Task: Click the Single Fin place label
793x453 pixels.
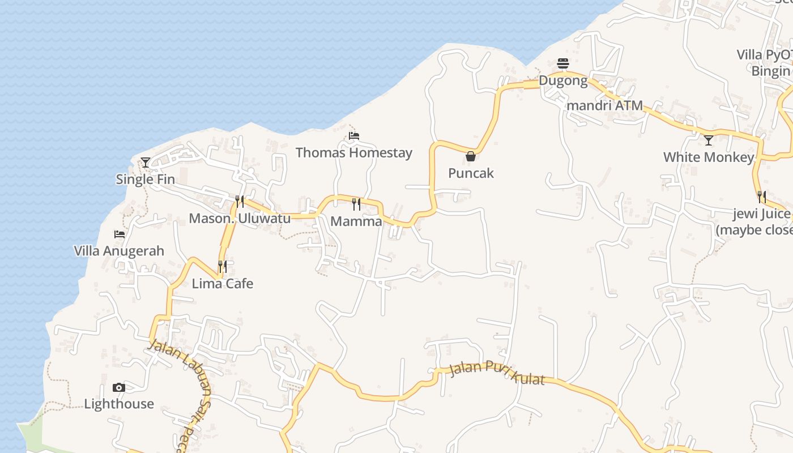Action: click(x=145, y=180)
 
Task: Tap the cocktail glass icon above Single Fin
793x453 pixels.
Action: click(x=146, y=163)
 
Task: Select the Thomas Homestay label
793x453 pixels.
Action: click(x=354, y=153)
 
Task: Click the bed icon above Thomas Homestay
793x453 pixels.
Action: click(x=354, y=136)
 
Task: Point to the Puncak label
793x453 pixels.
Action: click(x=471, y=173)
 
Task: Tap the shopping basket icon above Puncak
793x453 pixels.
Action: click(x=471, y=156)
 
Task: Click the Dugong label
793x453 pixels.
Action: click(x=563, y=80)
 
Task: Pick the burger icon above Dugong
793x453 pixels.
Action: click(x=563, y=63)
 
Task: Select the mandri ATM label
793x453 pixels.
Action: click(x=605, y=105)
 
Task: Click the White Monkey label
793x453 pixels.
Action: click(x=709, y=157)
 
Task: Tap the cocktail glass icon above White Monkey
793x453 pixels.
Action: click(x=709, y=140)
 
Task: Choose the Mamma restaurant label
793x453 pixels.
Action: click(x=356, y=221)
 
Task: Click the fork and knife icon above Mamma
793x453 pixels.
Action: click(x=356, y=204)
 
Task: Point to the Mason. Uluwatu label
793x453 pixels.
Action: click(x=240, y=219)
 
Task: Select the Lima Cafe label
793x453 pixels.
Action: click(x=223, y=284)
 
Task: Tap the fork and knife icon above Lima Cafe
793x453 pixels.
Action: click(x=223, y=266)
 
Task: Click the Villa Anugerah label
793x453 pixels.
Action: click(x=119, y=251)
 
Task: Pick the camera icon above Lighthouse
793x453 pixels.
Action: click(x=119, y=388)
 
